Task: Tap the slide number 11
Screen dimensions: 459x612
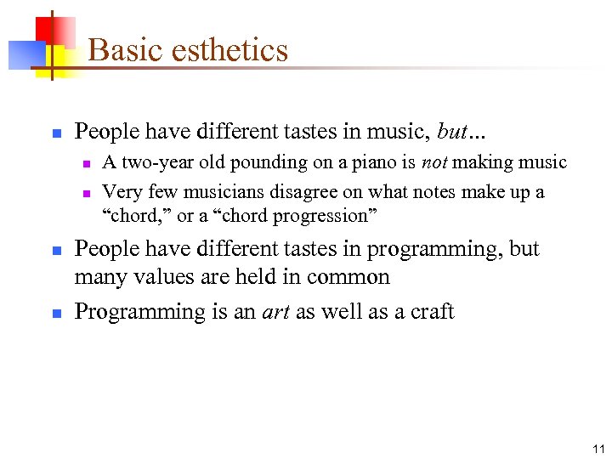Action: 598,449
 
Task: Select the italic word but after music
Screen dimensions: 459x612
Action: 453,132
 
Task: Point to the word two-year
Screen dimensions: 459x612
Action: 157,162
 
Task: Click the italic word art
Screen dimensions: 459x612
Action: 275,312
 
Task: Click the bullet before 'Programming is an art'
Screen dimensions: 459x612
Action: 55,314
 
